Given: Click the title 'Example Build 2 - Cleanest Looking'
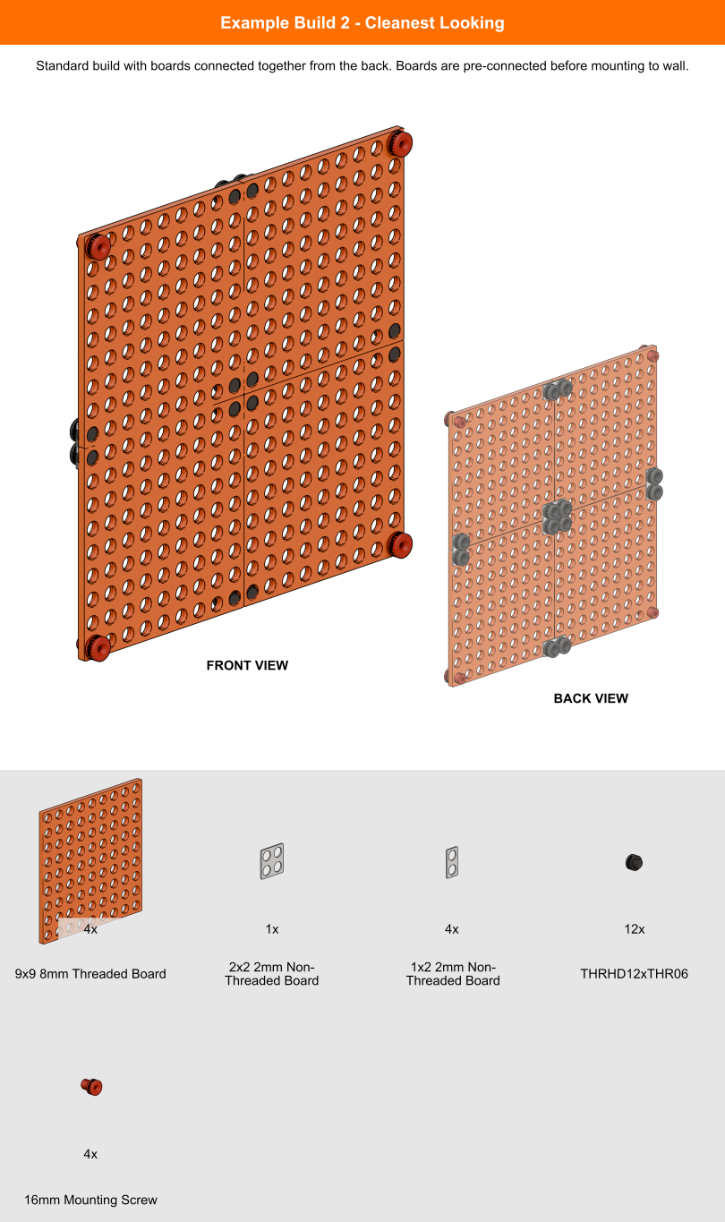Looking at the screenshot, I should click(x=362, y=22).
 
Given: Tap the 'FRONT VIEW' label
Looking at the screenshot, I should click(x=247, y=665).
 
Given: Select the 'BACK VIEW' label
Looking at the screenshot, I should click(x=591, y=698).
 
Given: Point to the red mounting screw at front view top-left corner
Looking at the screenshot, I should click(x=98, y=245).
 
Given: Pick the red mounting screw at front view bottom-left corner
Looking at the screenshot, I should click(x=96, y=647).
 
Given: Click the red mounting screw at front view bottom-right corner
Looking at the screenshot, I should click(x=399, y=543).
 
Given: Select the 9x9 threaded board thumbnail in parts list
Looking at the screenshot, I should click(x=90, y=860).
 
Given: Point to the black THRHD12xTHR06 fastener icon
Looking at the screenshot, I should click(x=634, y=862).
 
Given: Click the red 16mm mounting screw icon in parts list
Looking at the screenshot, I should click(x=91, y=1087).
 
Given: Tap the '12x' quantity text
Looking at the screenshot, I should click(x=634, y=929).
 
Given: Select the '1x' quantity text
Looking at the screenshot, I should click(x=272, y=929).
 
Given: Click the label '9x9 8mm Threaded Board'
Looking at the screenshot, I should click(x=90, y=974).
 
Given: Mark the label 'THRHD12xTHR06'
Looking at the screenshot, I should click(x=634, y=974).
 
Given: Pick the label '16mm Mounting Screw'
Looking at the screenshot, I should click(x=90, y=1200).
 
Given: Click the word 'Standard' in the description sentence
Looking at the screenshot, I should click(x=64, y=66).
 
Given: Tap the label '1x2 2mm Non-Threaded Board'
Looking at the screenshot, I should click(x=452, y=974).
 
